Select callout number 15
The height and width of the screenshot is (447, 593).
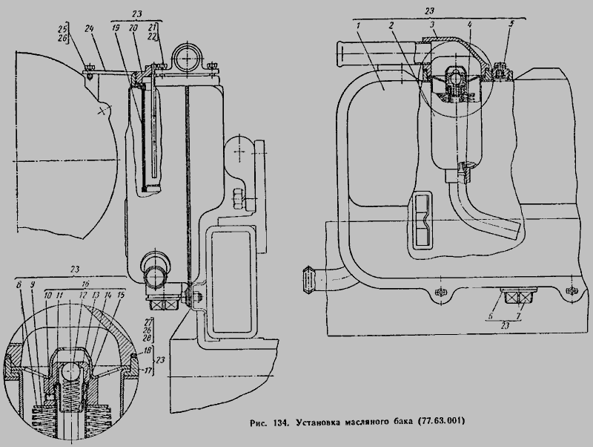tap(121, 295)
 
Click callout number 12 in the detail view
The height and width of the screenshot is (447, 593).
tap(82, 295)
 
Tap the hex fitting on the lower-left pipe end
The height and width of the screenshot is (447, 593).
tap(306, 281)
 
